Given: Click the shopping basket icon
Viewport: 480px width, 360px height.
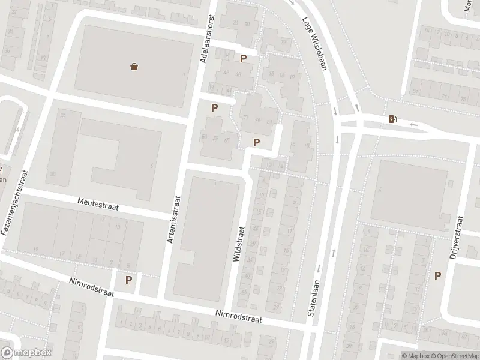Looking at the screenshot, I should click(x=134, y=67).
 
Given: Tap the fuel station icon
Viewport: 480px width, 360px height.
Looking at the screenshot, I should click(x=392, y=119).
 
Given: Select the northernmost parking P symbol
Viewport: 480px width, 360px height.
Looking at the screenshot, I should click(x=243, y=58).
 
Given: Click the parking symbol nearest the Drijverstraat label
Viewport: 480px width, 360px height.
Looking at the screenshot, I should click(x=438, y=275).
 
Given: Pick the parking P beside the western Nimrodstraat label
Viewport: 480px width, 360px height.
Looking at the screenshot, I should click(x=128, y=279).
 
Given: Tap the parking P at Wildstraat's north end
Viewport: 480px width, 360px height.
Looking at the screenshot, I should click(x=257, y=142).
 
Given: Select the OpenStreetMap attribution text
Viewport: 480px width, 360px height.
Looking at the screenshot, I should click(x=454, y=356).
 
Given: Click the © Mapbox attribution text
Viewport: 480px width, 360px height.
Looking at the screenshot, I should click(x=415, y=356).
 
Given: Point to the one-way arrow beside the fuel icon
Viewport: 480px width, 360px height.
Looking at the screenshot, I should click(x=413, y=125).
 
